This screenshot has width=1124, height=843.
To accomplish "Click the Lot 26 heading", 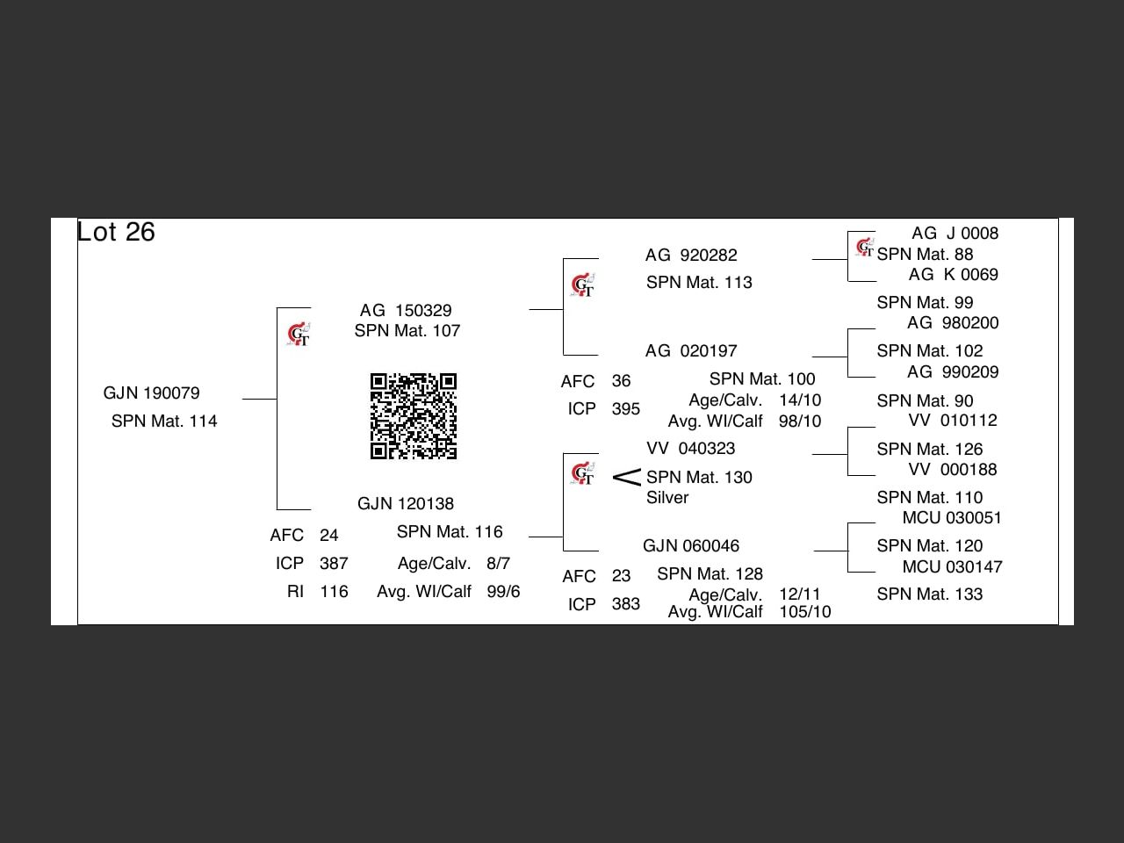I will [x=116, y=232].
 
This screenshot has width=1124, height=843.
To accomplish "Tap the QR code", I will [x=414, y=416].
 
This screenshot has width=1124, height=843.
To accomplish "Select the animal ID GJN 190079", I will [x=151, y=393].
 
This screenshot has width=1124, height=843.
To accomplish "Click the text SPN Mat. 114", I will [x=164, y=421].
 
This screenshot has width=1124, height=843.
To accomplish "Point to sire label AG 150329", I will [x=406, y=310].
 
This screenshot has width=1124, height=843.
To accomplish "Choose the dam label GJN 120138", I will [x=406, y=503].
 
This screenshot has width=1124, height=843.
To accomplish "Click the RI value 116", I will [x=334, y=591].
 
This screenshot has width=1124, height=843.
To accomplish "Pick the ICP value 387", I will [x=334, y=563].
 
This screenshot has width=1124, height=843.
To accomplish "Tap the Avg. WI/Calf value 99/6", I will [x=503, y=591].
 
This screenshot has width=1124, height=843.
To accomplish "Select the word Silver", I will [x=667, y=497].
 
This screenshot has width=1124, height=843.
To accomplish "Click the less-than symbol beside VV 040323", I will [x=626, y=478].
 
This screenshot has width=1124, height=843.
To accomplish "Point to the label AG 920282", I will [x=691, y=255].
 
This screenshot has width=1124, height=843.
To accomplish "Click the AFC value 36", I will [x=621, y=380].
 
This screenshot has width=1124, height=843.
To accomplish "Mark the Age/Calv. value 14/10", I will [x=800, y=400].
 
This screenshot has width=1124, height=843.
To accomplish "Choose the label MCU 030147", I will [x=952, y=566].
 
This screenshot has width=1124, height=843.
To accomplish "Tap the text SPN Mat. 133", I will [x=929, y=594].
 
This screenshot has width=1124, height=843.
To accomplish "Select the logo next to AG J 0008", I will [x=865, y=249].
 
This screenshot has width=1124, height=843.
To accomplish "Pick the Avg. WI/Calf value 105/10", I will [x=804, y=611].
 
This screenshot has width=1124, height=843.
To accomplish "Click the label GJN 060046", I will [x=691, y=545].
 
